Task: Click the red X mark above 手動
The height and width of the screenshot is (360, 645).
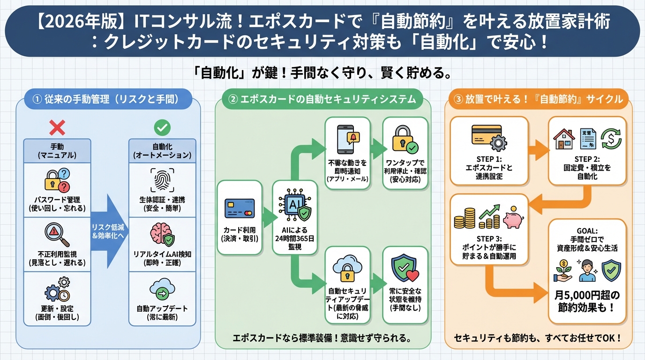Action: pos(57,127)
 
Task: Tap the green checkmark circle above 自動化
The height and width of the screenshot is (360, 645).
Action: pos(162,127)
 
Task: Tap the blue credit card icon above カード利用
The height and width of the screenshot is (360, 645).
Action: pos(239,209)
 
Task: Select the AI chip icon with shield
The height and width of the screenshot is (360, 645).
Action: pos(295,207)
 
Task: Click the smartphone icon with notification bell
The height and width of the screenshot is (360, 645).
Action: pos(347,138)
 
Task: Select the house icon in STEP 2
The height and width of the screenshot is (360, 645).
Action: pos(564,139)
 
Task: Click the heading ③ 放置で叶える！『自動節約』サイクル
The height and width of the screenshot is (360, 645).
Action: pos(539,99)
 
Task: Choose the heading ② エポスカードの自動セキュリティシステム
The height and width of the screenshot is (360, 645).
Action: pos(322,99)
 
